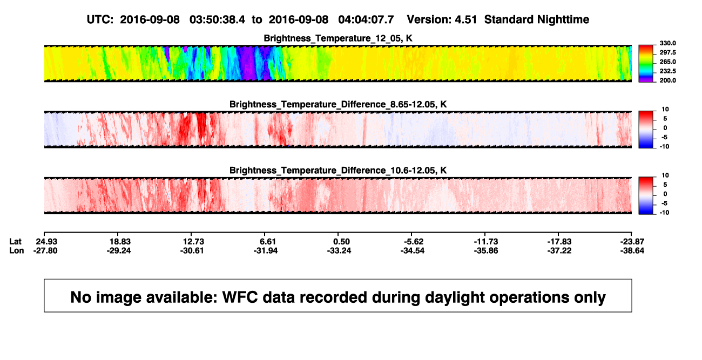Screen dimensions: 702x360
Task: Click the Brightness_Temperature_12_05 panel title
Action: (x=338, y=38)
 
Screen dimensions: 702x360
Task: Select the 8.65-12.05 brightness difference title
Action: (x=338, y=104)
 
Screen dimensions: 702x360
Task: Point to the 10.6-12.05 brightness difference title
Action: (x=338, y=171)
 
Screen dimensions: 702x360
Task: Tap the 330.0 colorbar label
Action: (x=667, y=43)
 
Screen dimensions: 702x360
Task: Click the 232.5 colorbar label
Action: (x=667, y=71)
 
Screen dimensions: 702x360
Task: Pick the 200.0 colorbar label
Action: (x=667, y=80)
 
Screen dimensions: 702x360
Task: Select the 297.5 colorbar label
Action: (x=667, y=53)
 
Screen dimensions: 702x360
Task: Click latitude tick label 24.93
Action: (x=46, y=242)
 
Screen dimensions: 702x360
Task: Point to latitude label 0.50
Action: (x=341, y=242)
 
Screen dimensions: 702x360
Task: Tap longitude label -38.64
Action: (x=632, y=250)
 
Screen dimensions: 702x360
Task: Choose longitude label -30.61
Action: (x=192, y=250)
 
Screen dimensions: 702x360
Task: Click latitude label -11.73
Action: (x=486, y=242)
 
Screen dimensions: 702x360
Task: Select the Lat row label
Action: (x=15, y=242)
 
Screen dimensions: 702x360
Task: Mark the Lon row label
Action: (x=16, y=250)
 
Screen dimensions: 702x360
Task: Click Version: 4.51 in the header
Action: (x=442, y=20)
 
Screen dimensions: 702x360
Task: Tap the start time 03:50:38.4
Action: (x=217, y=20)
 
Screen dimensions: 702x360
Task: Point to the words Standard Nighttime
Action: (x=537, y=20)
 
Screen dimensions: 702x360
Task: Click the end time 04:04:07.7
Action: (x=366, y=20)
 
